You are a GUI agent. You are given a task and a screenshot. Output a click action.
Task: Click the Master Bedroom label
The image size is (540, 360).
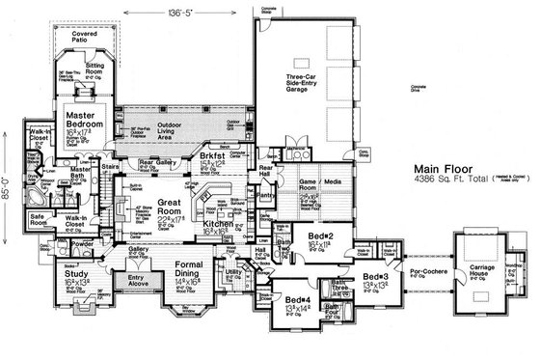(85, 119)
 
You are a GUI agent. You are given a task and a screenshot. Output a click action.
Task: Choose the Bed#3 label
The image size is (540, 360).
(375, 279)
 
